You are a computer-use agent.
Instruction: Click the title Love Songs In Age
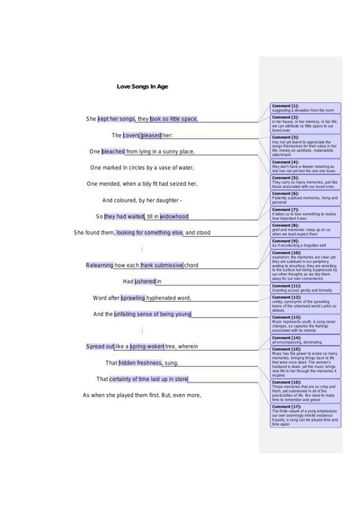[142, 86]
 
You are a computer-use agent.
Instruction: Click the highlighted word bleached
[113, 151]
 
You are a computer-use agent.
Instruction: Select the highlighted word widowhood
[174, 216]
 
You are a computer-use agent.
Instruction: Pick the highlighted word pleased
[151, 135]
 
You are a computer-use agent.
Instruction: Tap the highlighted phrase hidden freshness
[140, 363]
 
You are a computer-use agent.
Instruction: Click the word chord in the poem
[191, 265]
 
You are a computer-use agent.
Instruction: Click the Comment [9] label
[285, 241]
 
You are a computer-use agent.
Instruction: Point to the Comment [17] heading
[287, 406]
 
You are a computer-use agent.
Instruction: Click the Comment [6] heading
[285, 194]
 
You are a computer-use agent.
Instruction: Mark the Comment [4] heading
[285, 162]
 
